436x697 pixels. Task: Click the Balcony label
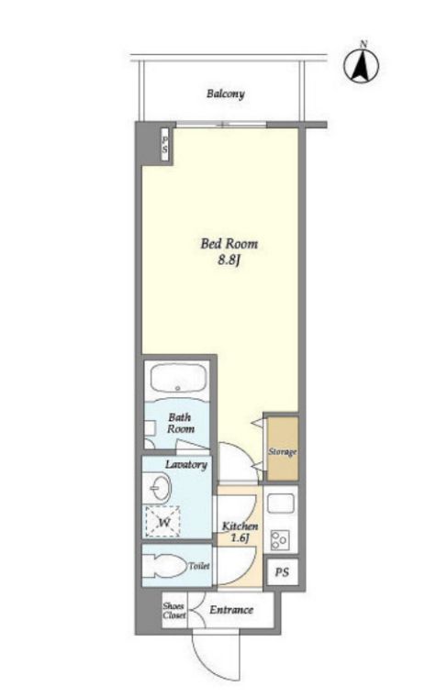pos(226,94)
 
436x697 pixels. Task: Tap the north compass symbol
pos(362,65)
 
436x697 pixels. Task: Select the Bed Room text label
pos(229,244)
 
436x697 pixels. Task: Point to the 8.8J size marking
pos(229,260)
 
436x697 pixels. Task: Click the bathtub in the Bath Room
pos(178,378)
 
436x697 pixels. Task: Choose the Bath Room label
pos(181,423)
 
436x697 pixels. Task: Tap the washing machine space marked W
pos(163,522)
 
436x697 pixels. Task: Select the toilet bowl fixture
pos(163,566)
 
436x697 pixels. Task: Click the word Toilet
pos(199,567)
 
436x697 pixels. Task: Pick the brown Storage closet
pos(283,448)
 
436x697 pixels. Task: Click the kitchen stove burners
pos(280,540)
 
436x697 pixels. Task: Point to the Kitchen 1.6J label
pos(240,532)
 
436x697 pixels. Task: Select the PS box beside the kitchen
pos(282,572)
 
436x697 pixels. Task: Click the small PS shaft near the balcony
pos(165,145)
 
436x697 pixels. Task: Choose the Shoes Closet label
pos(174,610)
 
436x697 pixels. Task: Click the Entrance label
pos(231,610)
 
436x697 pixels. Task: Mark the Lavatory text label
pos(186,465)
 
